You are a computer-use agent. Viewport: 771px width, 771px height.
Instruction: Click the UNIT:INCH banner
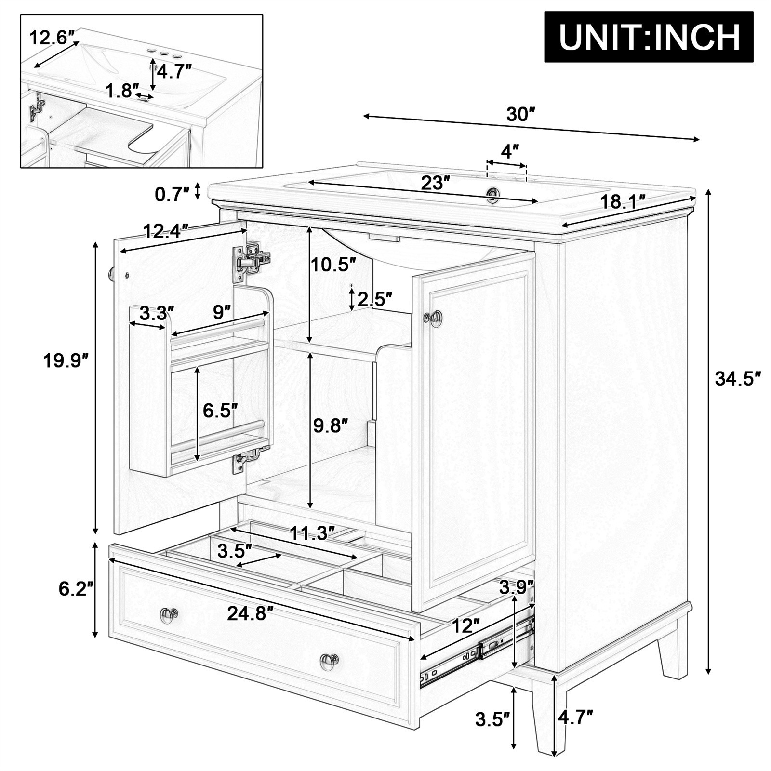[x=649, y=37]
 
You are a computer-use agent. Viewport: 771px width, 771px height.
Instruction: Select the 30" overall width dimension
[x=521, y=114]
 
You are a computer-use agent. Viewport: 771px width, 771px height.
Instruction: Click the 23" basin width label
[x=435, y=183]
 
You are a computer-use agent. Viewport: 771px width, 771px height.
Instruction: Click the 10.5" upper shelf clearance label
[x=333, y=264]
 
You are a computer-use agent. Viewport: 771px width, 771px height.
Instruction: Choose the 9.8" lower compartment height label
[x=330, y=426]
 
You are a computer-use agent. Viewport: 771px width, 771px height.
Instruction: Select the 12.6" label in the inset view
[x=52, y=37]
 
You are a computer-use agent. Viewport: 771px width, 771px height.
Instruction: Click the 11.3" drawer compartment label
[x=312, y=533]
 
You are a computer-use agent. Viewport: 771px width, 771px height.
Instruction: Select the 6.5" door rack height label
[x=220, y=411]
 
